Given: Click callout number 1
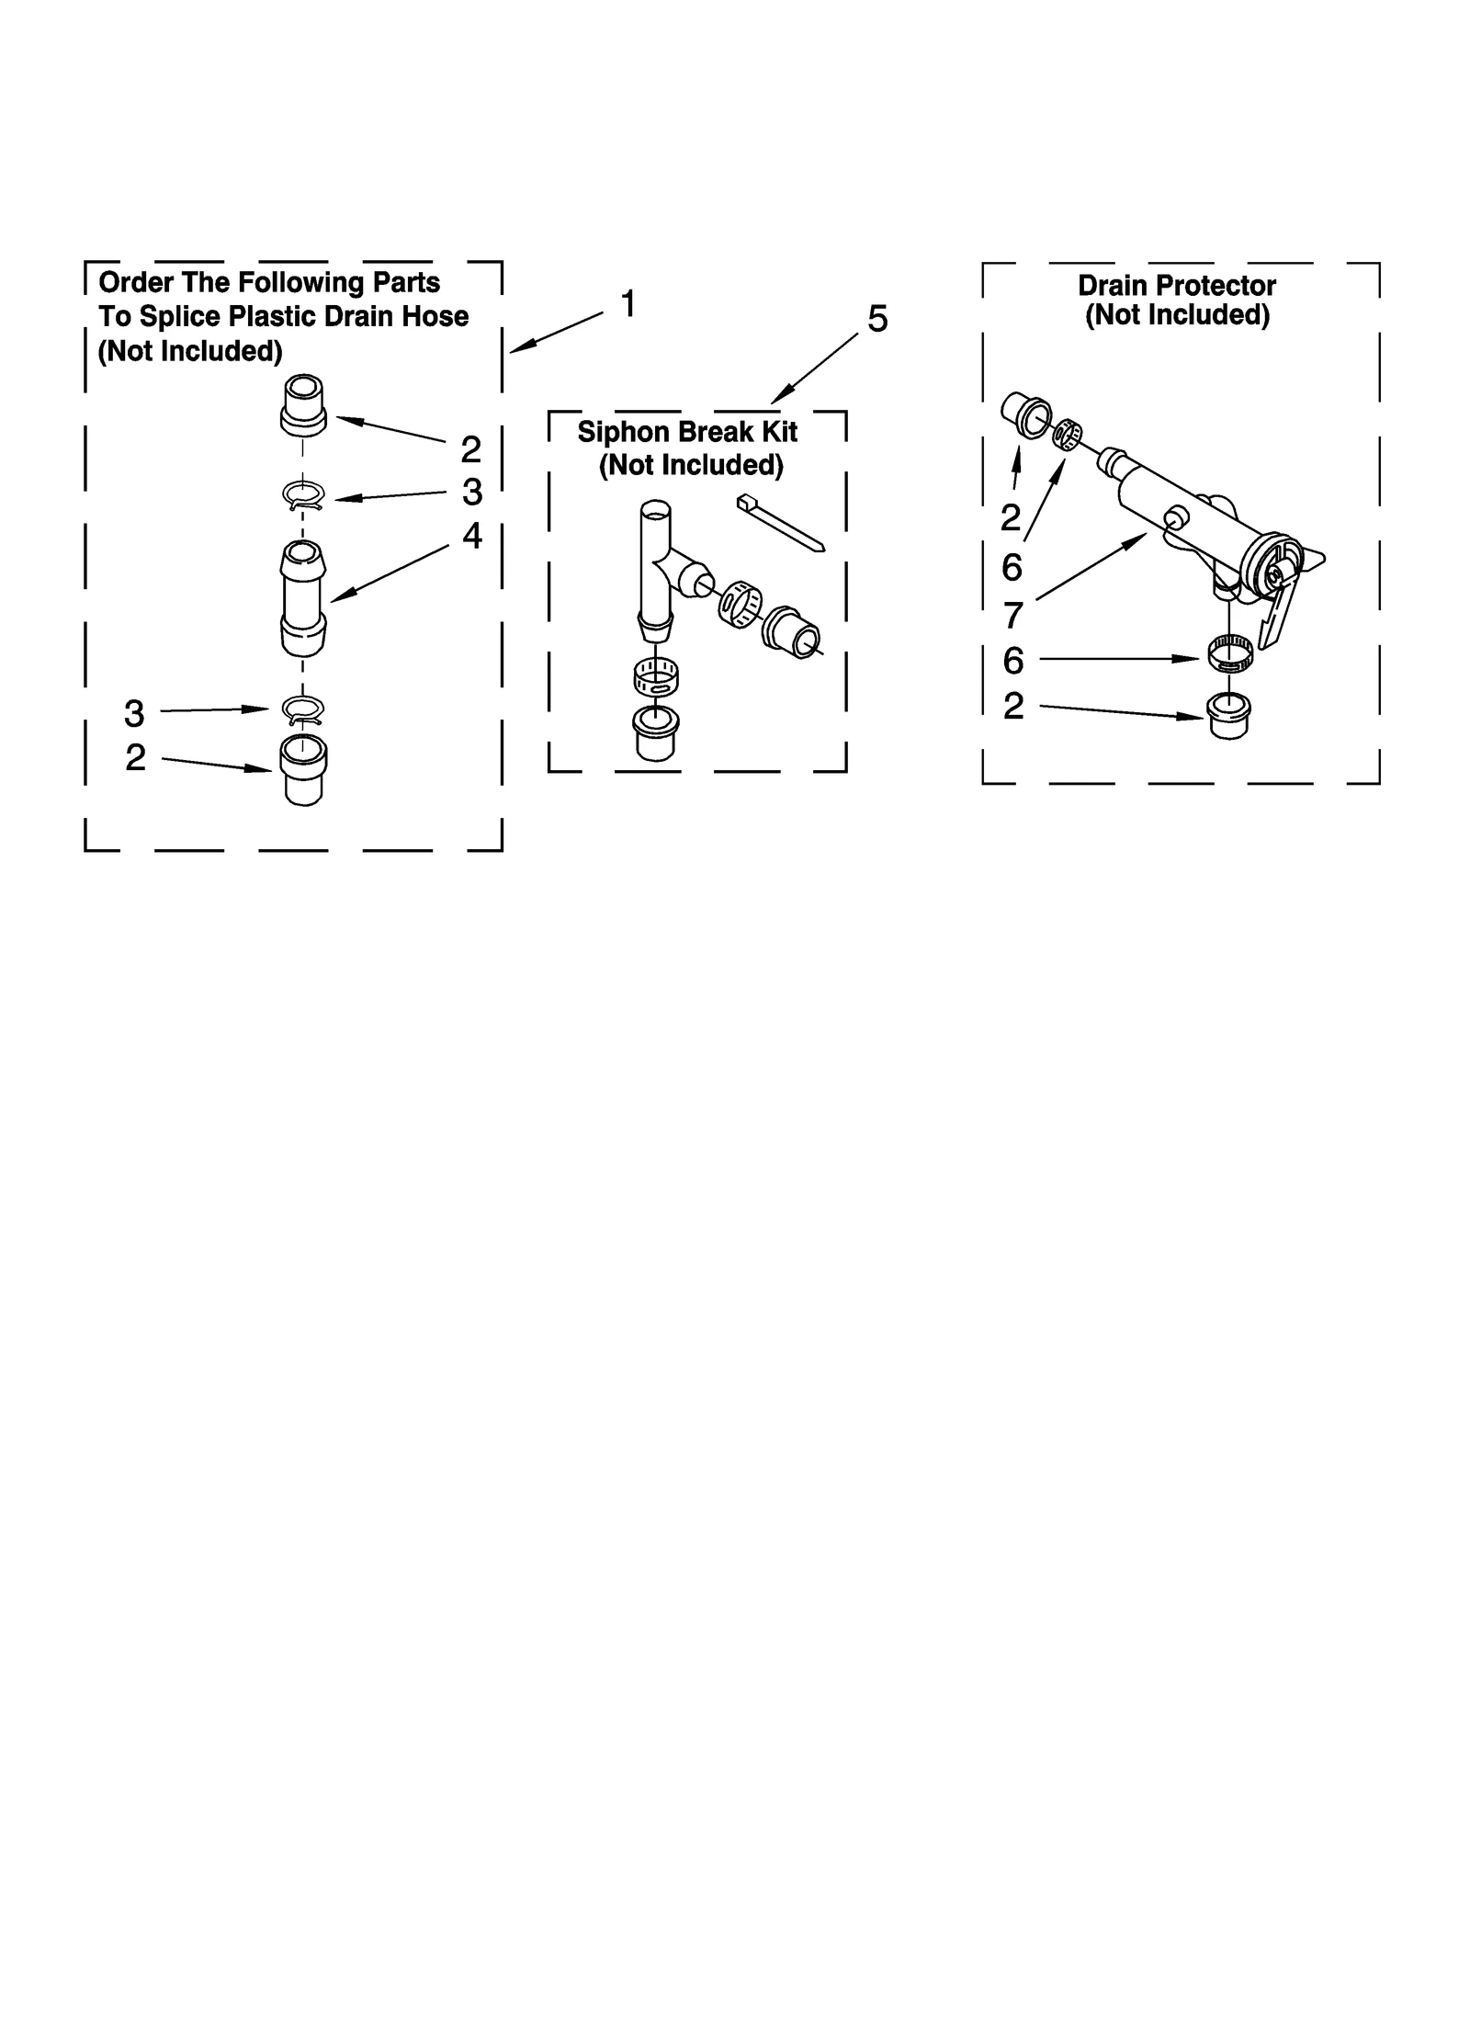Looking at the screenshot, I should (x=628, y=304).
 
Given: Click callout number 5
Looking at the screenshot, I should (x=877, y=320).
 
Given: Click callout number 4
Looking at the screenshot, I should (x=471, y=536).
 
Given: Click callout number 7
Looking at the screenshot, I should (x=1012, y=616).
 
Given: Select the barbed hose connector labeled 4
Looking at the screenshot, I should (x=302, y=597).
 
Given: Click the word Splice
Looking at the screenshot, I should (x=180, y=317).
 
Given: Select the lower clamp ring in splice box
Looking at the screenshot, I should (x=302, y=709).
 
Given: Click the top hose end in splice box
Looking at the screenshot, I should (x=302, y=404).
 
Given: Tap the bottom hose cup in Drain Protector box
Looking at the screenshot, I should (x=1227, y=716).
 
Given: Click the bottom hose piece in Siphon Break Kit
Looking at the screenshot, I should (x=656, y=732).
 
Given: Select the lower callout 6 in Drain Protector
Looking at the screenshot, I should (x=1012, y=661).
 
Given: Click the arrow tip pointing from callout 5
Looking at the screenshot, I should (x=773, y=402).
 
